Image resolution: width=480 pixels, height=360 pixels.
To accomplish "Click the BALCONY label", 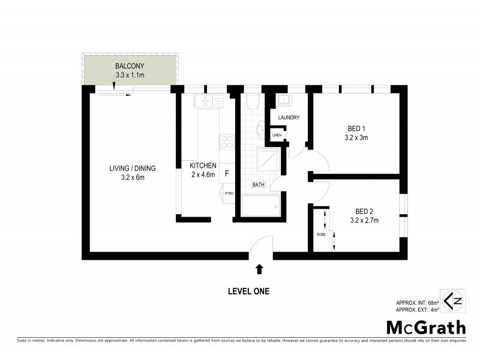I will tap(130, 65).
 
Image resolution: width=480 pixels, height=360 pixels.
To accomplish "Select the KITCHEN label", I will tap(203, 166).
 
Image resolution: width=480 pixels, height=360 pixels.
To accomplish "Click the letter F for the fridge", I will tap(227, 174).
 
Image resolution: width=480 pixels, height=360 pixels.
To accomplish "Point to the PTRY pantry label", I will tap(229, 194).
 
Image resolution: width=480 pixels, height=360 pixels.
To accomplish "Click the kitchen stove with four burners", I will tap(227, 142).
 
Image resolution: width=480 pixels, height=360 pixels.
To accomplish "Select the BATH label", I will tap(259, 185).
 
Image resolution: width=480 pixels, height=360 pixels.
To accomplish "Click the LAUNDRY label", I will tap(288, 118).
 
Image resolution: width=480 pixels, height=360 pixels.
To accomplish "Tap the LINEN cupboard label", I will tap(277, 135).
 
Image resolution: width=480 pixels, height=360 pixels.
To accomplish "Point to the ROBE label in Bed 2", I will tap(321, 234).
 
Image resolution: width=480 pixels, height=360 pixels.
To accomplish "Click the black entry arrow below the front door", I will tap(260, 269).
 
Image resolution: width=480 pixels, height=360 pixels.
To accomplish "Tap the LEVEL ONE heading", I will tap(248, 292).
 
